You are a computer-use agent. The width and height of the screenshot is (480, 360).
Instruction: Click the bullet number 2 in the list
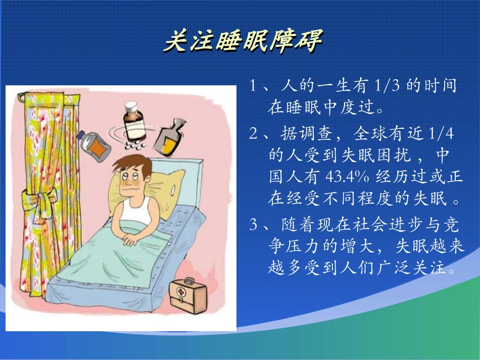coord(254,134)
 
